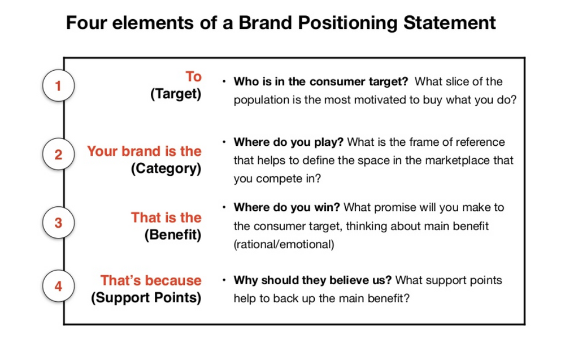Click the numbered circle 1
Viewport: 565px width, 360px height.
tap(58, 86)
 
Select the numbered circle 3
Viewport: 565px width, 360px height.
tap(58, 222)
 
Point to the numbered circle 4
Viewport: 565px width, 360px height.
tap(58, 287)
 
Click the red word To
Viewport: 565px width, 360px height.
tap(193, 76)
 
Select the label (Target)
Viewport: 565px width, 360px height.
tap(176, 94)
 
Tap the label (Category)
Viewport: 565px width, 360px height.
tap(166, 169)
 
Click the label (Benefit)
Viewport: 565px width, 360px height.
tap(172, 235)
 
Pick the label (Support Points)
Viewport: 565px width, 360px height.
tap(146, 298)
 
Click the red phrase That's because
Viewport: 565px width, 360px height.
tap(151, 280)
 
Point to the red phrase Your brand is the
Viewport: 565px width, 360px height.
tap(144, 151)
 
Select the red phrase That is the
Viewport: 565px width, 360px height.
tap(166, 218)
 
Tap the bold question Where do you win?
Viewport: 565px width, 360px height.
tap(287, 208)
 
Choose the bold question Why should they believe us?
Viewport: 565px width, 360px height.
tap(313, 280)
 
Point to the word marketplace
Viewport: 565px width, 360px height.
tap(458, 161)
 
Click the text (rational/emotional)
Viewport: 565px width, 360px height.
tap(284, 244)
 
